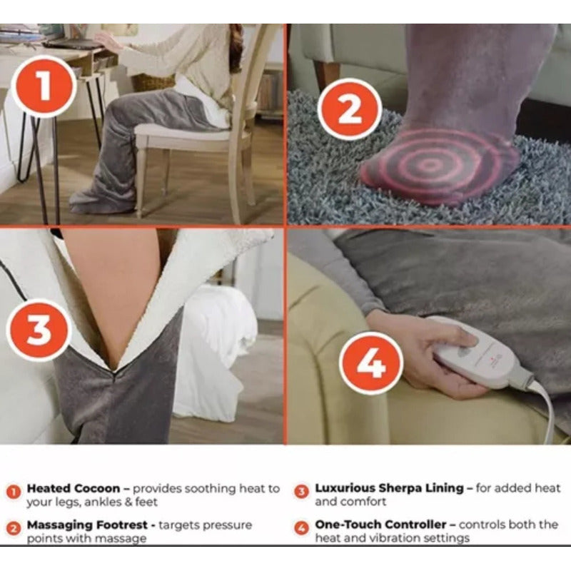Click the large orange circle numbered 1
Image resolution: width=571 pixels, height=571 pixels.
pyautogui.click(x=44, y=86)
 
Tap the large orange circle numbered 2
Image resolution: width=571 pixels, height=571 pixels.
pyautogui.click(x=350, y=110)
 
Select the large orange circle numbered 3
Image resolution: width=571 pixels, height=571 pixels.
pyautogui.click(x=39, y=330)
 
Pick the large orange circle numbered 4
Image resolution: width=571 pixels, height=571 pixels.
pyautogui.click(x=371, y=364)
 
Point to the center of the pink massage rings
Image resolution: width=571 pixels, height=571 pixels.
pyautogui.click(x=430, y=165)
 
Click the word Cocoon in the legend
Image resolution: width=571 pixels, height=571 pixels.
pyautogui.click(x=97, y=488)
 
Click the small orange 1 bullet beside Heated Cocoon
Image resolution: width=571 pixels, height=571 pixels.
pyautogui.click(x=14, y=492)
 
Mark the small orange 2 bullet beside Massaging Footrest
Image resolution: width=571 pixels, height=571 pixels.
pyautogui.click(x=14, y=528)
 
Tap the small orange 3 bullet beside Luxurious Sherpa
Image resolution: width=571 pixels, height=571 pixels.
pyautogui.click(x=301, y=492)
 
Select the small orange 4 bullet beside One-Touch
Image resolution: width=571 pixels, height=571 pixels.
pyautogui.click(x=301, y=528)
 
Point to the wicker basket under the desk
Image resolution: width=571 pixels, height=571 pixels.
pyautogui.click(x=153, y=82)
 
